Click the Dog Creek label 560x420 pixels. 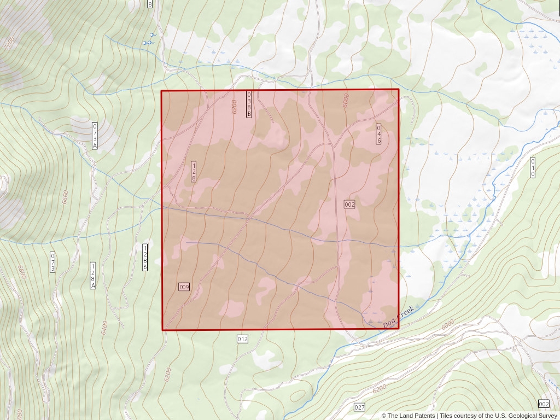(x=399, y=317)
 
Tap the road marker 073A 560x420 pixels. (x=95, y=136)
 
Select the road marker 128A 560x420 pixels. (x=93, y=276)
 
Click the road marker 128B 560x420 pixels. (x=145, y=257)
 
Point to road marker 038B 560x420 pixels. (x=249, y=104)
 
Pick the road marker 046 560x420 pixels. (x=378, y=134)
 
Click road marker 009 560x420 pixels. (x=184, y=287)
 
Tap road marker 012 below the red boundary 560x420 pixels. (x=242, y=339)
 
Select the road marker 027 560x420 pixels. (x=359, y=407)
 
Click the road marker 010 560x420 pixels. (x=533, y=167)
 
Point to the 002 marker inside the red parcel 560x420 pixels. (x=349, y=205)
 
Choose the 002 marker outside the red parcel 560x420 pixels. (x=544, y=404)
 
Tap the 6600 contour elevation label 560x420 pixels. (x=66, y=196)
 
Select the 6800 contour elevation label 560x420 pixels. (x=21, y=272)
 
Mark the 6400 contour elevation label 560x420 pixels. (x=104, y=328)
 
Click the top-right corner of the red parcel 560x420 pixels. (x=399, y=89)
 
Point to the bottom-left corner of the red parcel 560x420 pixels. (x=162, y=330)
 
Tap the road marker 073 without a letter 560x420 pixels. (x=52, y=262)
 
